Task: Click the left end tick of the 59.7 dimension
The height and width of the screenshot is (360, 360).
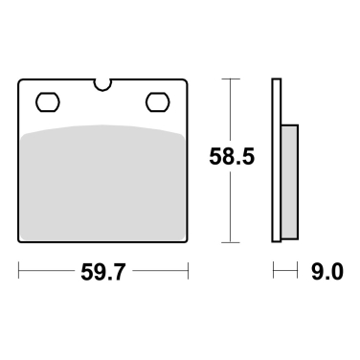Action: click(18, 274)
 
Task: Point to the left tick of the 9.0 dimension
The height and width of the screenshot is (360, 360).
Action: click(274, 274)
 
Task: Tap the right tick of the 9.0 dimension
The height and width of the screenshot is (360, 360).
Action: click(298, 274)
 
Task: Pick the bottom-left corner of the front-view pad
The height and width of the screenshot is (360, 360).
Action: click(20, 240)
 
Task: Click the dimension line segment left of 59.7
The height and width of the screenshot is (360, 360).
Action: click(48, 274)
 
